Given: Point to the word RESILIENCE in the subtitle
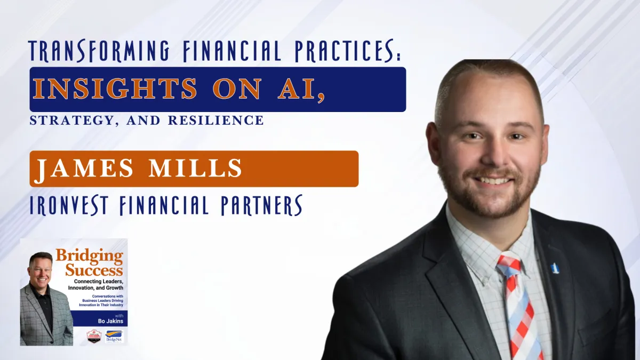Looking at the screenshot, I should click(216, 120).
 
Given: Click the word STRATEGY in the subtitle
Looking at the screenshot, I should click(61, 120).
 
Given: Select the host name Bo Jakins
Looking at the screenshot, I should click(110, 321).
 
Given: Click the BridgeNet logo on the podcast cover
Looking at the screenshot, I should click(114, 335).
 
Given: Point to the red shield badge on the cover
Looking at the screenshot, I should click(94, 335).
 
